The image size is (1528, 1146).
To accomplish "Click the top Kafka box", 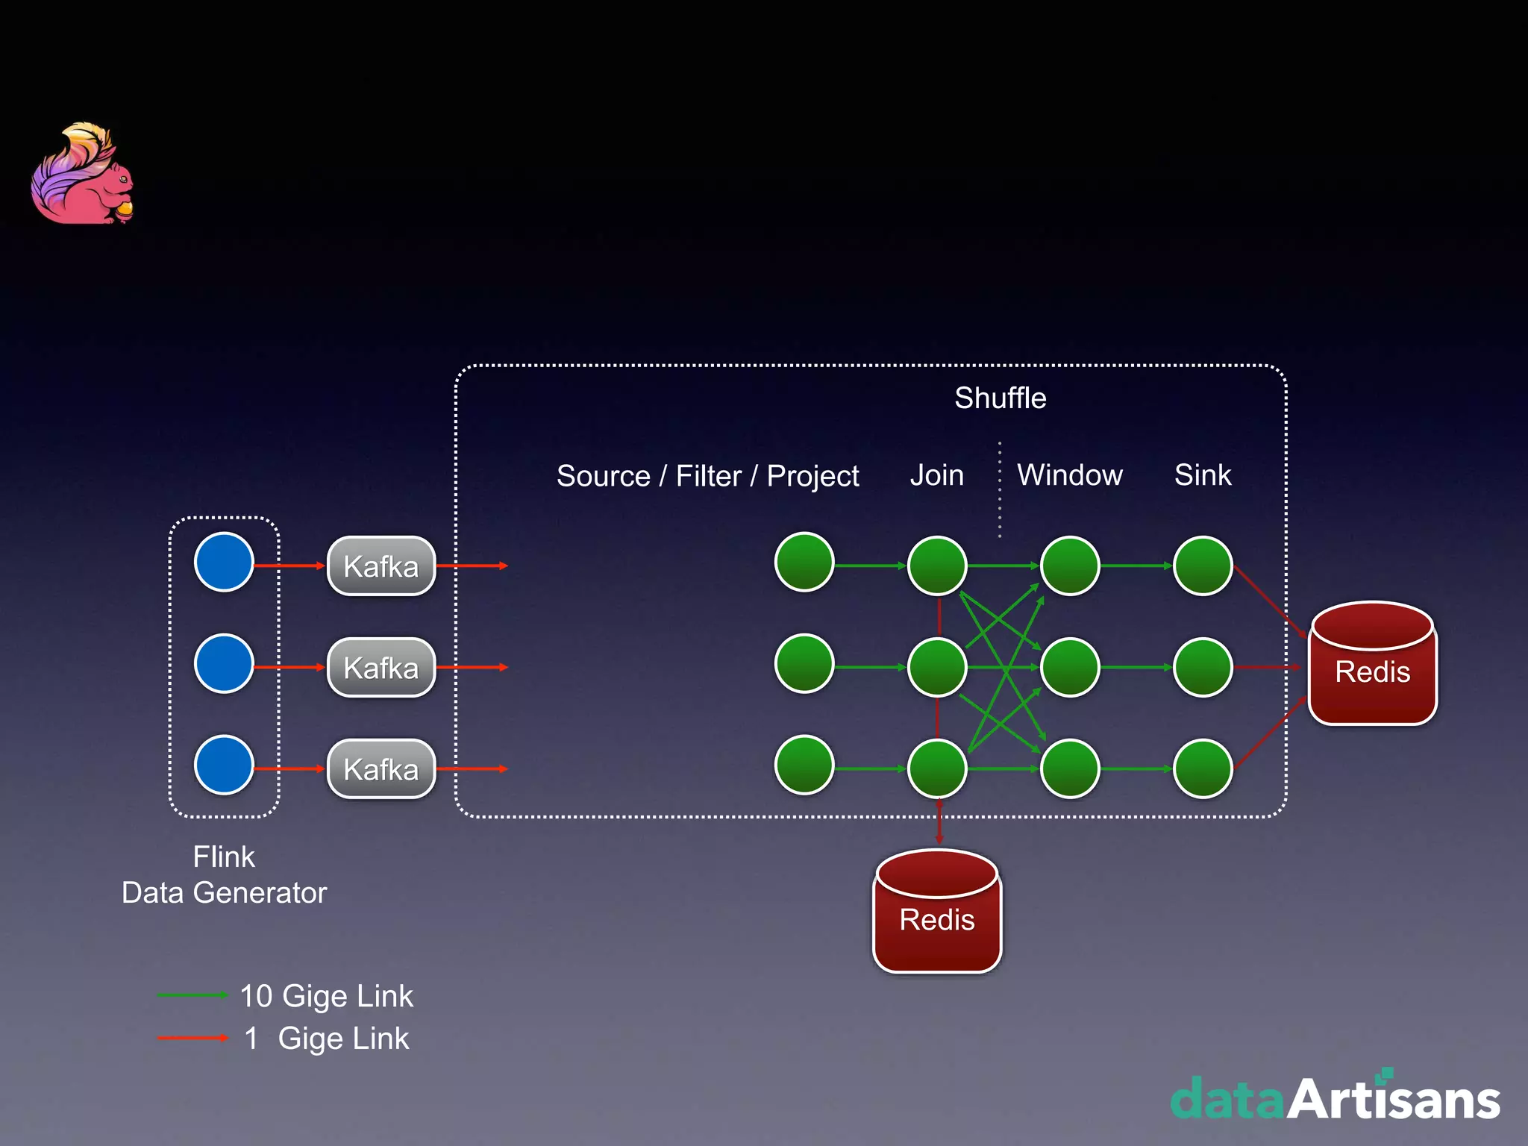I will (x=381, y=566).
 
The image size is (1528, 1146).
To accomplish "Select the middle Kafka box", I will (x=381, y=668).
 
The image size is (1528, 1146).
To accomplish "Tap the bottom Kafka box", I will (x=381, y=769).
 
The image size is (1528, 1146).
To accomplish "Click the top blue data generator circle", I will (x=224, y=562).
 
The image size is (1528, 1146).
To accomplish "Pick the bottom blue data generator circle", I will (x=224, y=765).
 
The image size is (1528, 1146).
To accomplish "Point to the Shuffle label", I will (x=1001, y=398).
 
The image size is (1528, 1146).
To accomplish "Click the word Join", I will (x=937, y=475).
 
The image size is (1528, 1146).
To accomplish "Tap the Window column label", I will (x=1070, y=475).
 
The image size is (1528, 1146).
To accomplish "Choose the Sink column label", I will (x=1203, y=475).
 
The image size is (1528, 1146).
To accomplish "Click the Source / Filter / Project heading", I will (x=707, y=476).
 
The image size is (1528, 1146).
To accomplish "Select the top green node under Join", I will (x=937, y=566).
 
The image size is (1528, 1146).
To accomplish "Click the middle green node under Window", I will (x=1070, y=667).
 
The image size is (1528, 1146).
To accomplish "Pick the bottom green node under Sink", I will (x=1203, y=768).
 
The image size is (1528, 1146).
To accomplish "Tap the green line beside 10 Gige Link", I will (x=192, y=995).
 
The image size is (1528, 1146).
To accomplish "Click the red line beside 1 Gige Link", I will (x=192, y=1038).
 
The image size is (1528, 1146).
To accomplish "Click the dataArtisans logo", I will (x=1336, y=1098).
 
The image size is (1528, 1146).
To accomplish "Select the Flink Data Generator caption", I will (x=224, y=874).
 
